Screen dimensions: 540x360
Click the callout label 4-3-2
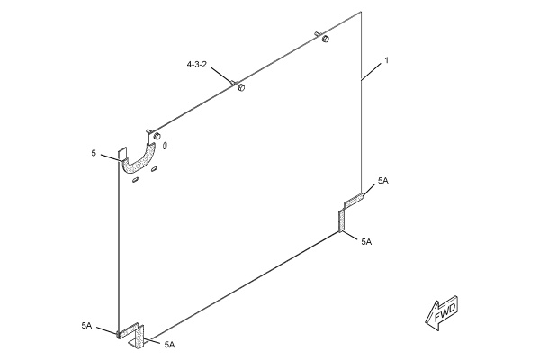click(196, 64)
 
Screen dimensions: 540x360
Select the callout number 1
click(386, 60)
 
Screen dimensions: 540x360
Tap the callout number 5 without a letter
click(94, 153)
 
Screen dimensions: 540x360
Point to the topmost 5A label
click(383, 181)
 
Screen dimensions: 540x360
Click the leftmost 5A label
click(86, 325)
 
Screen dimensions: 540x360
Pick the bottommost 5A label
click(169, 344)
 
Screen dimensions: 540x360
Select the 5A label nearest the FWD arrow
click(366, 242)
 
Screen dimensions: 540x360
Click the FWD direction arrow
click(442, 312)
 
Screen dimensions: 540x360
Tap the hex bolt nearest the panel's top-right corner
click(326, 39)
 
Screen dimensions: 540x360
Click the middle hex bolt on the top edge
click(241, 87)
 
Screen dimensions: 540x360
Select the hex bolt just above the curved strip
click(157, 135)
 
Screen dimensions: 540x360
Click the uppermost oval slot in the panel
click(165, 146)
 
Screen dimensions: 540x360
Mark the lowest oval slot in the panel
click(136, 180)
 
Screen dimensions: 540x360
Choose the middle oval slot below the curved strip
click(154, 169)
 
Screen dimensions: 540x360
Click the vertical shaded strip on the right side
click(341, 221)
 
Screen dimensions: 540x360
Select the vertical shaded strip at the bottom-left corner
click(140, 337)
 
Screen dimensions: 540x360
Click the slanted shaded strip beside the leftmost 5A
click(128, 330)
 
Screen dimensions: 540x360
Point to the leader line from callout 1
click(371, 72)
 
